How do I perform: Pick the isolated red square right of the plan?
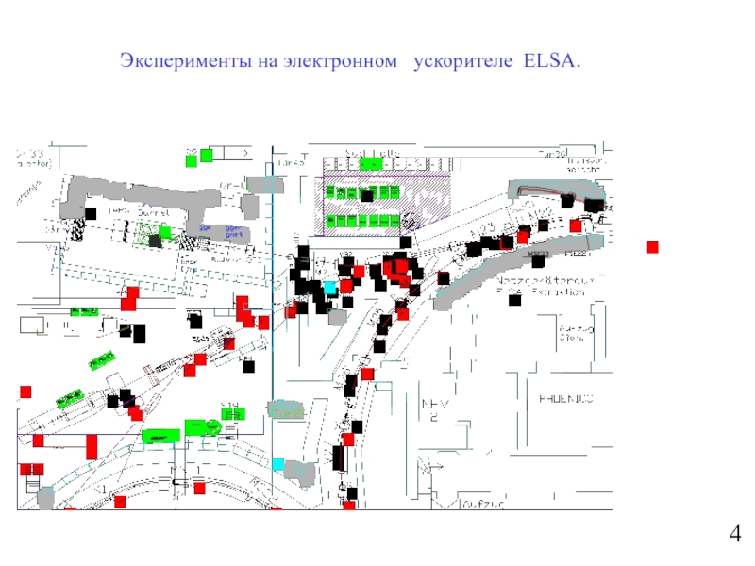click(651, 247)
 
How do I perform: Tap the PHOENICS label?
click(565, 399)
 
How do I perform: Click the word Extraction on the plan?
click(554, 292)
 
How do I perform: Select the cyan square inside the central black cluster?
click(329, 286)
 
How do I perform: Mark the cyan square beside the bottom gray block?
click(277, 463)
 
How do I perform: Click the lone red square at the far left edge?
click(25, 391)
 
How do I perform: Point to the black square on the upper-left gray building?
click(91, 213)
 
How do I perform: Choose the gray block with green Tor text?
click(286, 410)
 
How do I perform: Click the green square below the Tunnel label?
click(165, 231)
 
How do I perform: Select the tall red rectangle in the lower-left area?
click(92, 444)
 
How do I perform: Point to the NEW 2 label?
click(433, 408)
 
